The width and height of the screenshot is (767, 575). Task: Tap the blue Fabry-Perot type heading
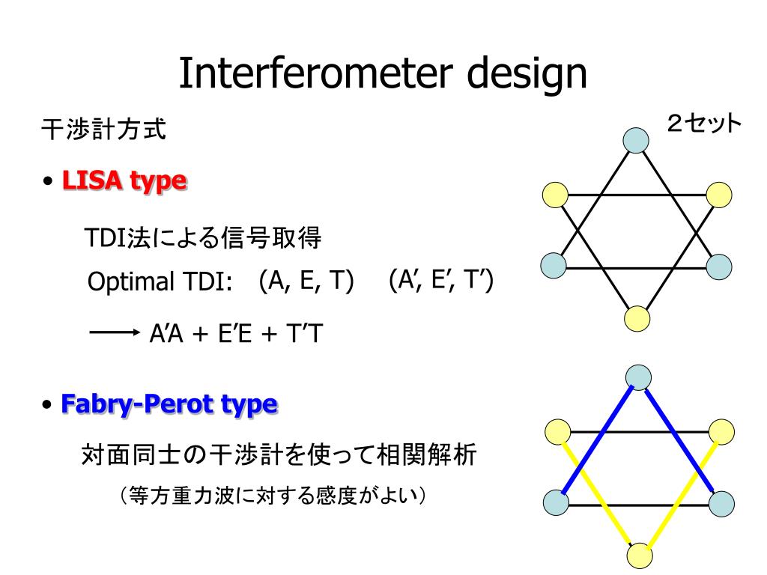pyautogui.click(x=169, y=404)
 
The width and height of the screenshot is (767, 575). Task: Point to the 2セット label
pyautogui.click(x=704, y=124)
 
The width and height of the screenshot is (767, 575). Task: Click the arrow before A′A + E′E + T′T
pyautogui.click(x=115, y=333)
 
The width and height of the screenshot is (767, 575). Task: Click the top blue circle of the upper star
pyautogui.click(x=636, y=139)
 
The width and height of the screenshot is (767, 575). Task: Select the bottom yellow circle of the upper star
pyautogui.click(x=637, y=318)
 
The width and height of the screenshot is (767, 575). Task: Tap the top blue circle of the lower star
pyautogui.click(x=638, y=377)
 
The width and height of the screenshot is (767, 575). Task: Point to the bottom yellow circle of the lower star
pyautogui.click(x=640, y=556)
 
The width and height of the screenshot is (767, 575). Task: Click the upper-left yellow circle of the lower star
pyautogui.click(x=557, y=431)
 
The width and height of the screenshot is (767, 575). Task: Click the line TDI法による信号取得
pyautogui.click(x=202, y=239)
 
